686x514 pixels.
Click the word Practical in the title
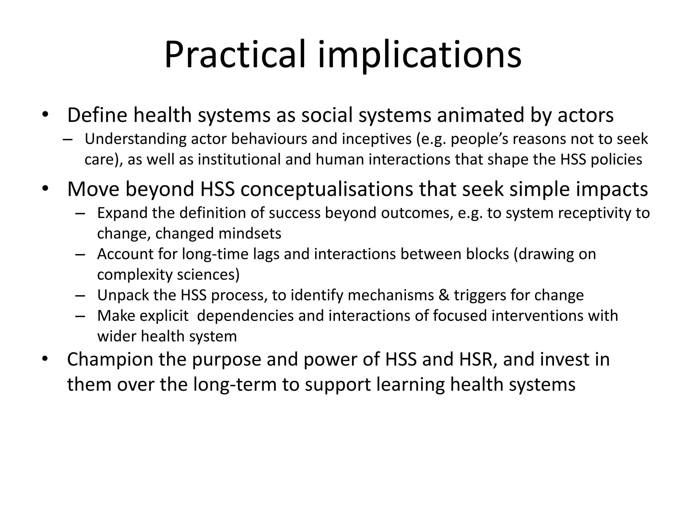pos(235,54)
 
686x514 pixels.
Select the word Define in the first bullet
pos(97,115)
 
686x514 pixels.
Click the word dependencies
pos(245,316)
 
